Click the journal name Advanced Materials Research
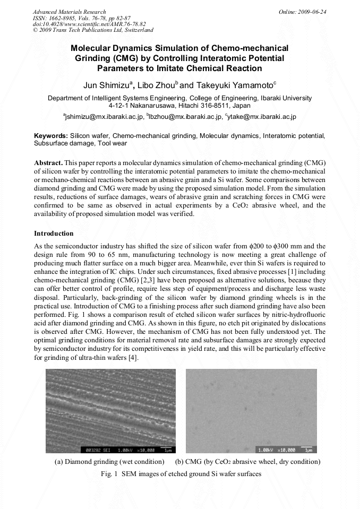69,12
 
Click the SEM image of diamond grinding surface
110,411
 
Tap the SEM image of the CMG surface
251,411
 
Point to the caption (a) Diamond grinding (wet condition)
110,461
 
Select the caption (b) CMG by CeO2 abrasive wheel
247,461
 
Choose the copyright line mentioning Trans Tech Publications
93,30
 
